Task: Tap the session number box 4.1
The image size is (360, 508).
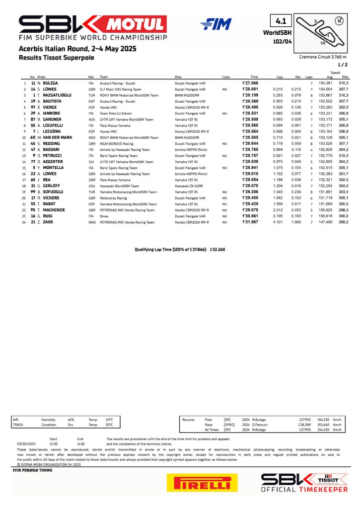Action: pos(279,21)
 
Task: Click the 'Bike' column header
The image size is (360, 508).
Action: pos(178,77)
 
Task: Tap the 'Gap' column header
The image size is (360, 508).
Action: pos(280,77)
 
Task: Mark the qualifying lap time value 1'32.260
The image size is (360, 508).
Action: pos(217,250)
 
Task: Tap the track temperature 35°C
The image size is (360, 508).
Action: pos(109,425)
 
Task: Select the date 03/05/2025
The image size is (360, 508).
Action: pos(26,444)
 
